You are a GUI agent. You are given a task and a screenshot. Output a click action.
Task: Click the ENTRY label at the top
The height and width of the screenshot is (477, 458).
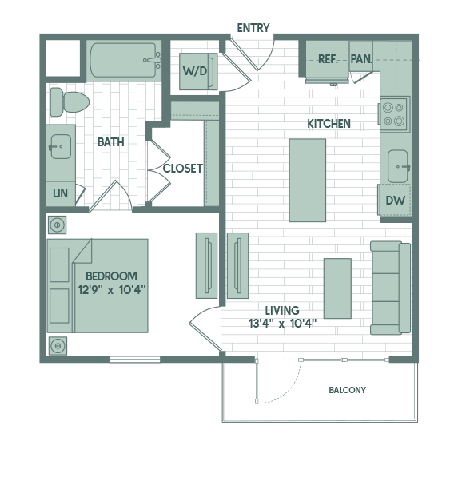(253, 28)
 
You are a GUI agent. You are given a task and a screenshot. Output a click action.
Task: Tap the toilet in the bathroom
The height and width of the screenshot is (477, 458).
(70, 102)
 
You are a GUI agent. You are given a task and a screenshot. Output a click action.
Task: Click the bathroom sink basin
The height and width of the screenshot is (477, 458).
(61, 147)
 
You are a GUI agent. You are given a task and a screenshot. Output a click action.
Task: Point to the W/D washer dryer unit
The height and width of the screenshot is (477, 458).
(198, 71)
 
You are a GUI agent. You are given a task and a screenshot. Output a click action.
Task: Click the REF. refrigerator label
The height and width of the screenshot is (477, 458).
(328, 58)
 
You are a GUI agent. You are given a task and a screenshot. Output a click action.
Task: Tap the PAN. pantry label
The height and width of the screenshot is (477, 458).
(361, 58)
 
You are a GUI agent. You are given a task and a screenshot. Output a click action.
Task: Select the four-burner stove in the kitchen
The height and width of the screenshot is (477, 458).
(394, 114)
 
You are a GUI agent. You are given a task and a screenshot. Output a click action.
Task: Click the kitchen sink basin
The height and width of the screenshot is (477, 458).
(398, 166)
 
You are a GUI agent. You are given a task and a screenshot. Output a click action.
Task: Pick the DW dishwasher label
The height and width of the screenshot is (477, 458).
(396, 201)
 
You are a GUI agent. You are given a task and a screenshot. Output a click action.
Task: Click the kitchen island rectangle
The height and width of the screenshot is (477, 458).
(308, 180)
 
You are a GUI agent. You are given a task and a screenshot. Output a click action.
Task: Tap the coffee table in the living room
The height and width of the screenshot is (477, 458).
(337, 288)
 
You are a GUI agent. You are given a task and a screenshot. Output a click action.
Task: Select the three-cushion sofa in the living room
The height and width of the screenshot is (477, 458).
(390, 288)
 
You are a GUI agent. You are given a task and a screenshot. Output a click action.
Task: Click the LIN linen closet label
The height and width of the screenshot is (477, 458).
(60, 193)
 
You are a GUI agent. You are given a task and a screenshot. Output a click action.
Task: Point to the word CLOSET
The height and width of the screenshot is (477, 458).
(182, 169)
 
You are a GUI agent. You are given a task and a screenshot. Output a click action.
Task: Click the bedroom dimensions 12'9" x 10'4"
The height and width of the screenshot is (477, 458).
(112, 289)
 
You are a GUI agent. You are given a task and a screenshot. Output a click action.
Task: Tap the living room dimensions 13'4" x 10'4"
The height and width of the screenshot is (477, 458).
(283, 323)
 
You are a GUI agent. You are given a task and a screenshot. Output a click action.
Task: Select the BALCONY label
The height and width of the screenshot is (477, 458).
(347, 390)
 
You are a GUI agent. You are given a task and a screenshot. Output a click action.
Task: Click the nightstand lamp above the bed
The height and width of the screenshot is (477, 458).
(57, 225)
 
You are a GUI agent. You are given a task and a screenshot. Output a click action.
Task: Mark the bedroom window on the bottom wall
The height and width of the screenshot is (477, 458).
(135, 360)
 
